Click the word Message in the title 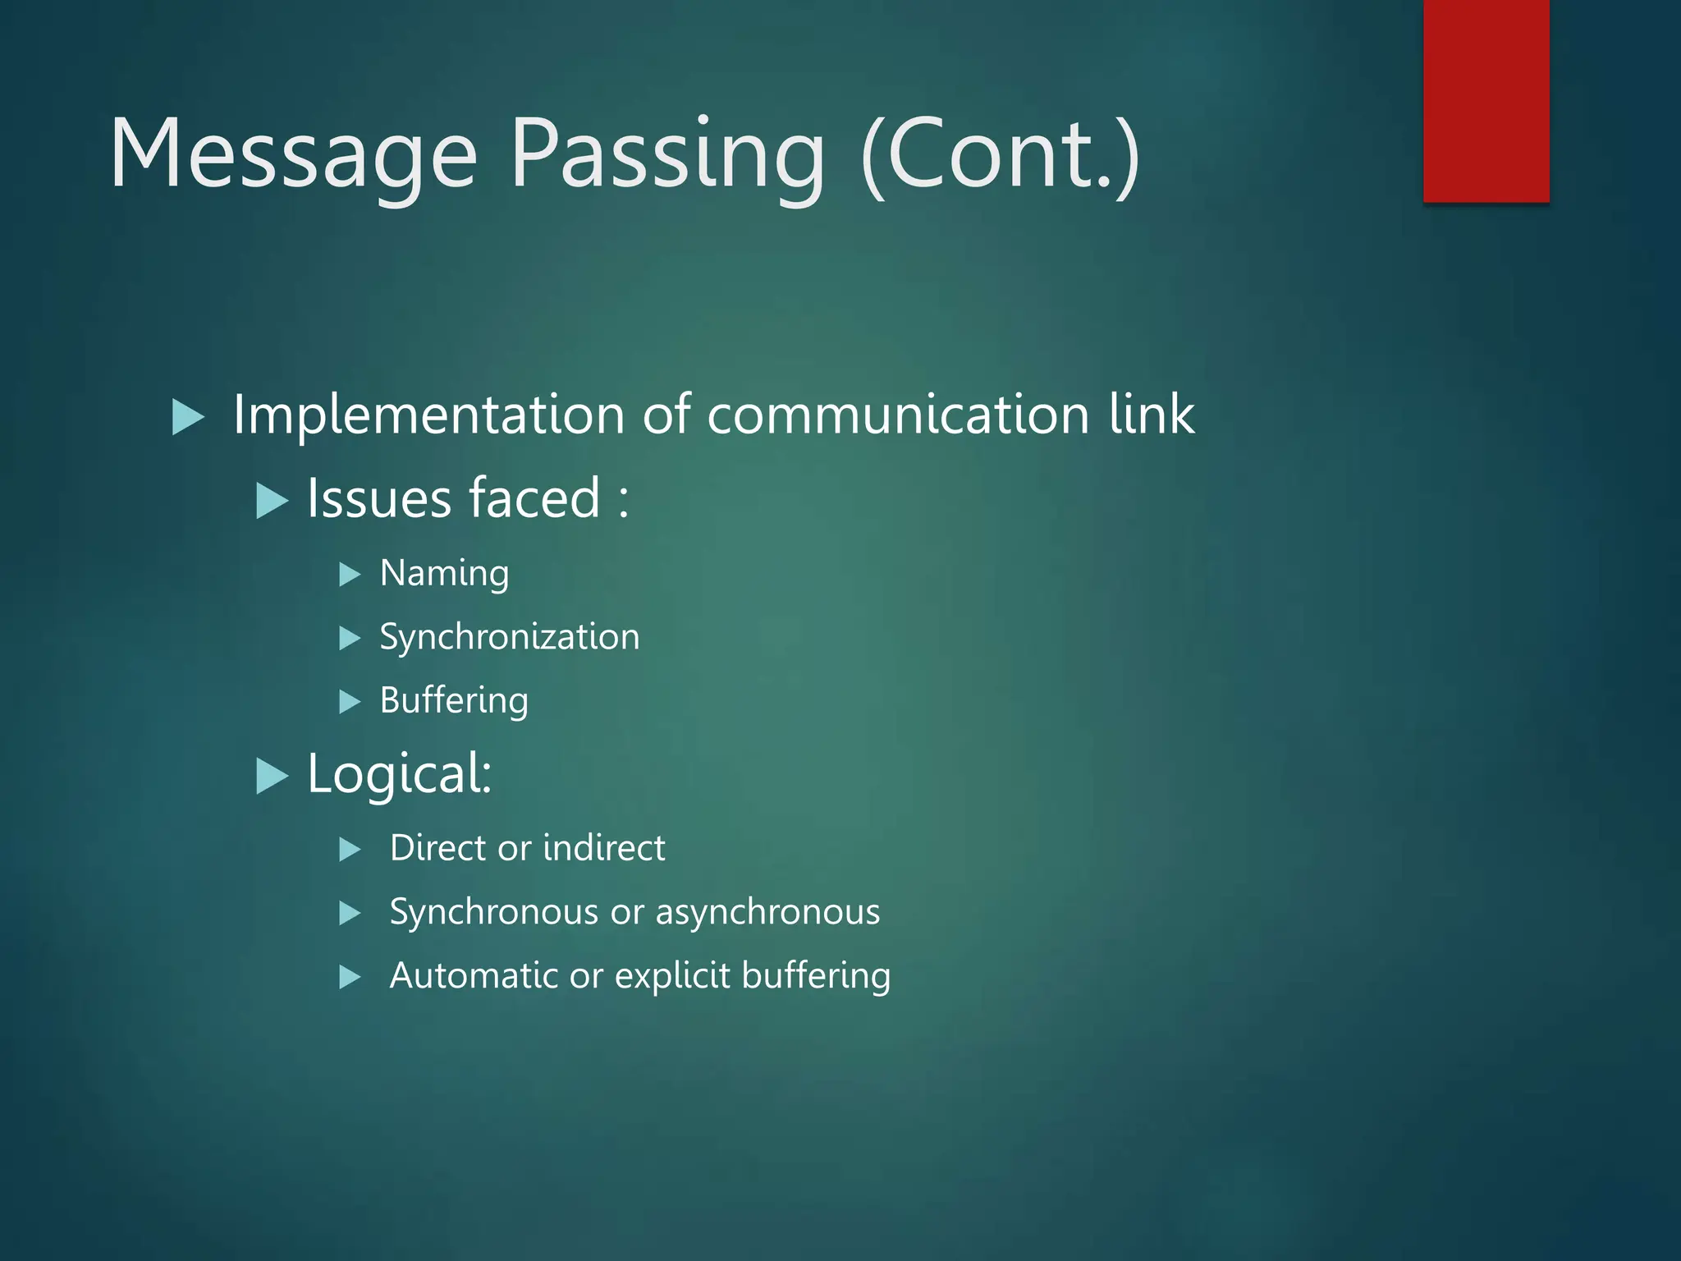tap(293, 154)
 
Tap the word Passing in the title tap(666, 154)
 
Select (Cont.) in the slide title tap(1001, 154)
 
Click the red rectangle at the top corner tap(1486, 100)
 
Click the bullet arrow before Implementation tap(188, 417)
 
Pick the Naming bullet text tap(444, 574)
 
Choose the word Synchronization tap(509, 637)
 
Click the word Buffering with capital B tap(454, 701)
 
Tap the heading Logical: tap(399, 773)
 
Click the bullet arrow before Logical tap(272, 776)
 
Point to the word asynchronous tap(767, 912)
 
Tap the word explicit tap(672, 975)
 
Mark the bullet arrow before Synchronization tap(350, 638)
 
